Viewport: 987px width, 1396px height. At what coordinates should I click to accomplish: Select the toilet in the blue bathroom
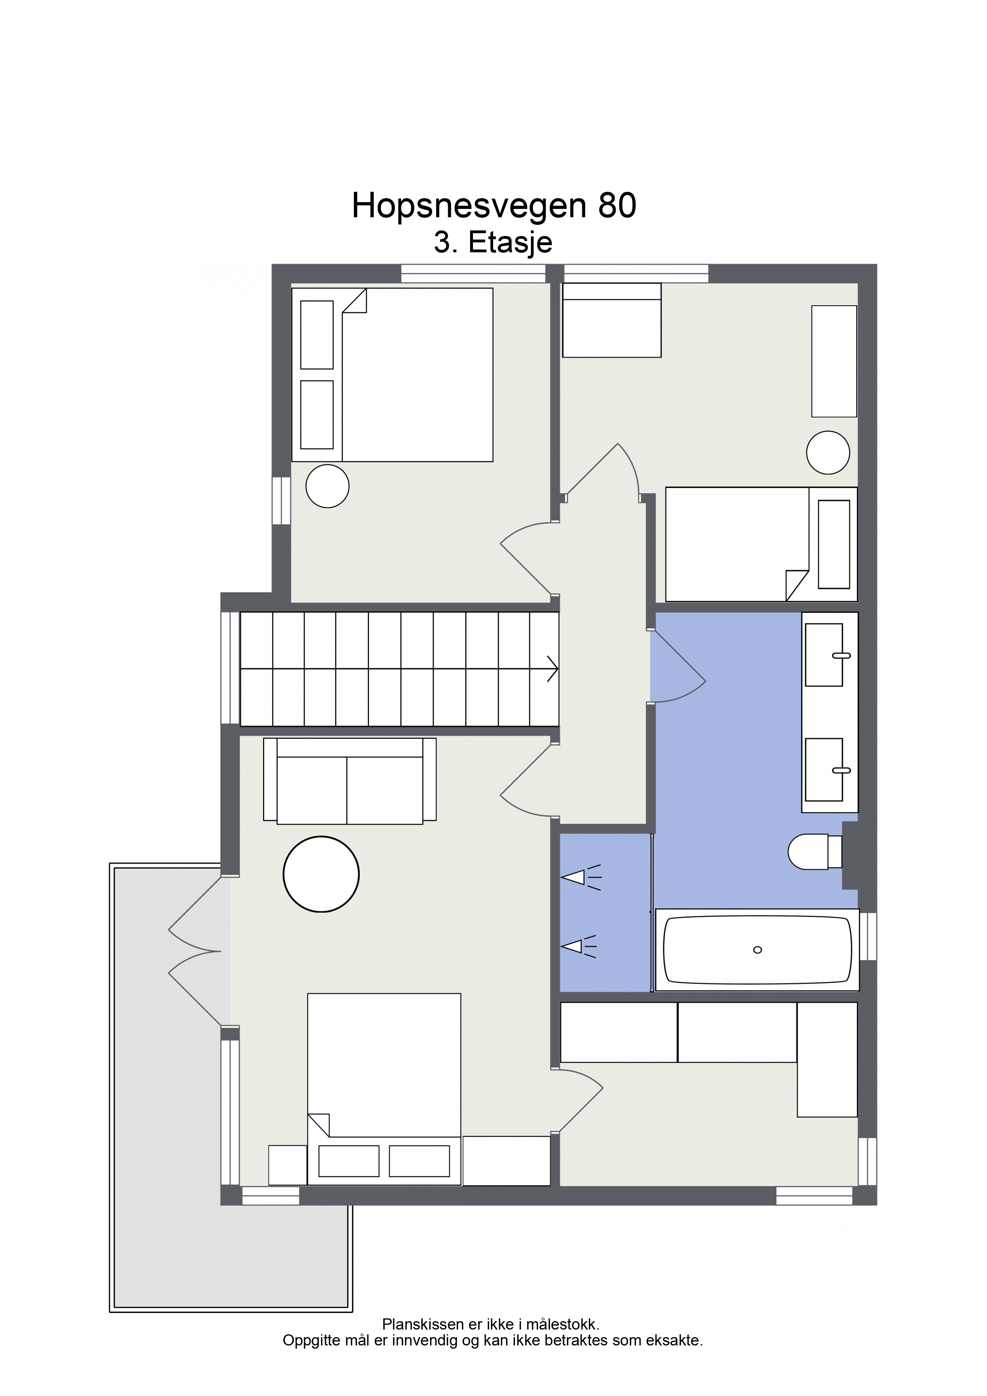pyautogui.click(x=815, y=851)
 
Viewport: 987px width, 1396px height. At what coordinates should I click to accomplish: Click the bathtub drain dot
pyautogui.click(x=757, y=950)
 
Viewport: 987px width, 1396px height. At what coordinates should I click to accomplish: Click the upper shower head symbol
pyautogui.click(x=581, y=877)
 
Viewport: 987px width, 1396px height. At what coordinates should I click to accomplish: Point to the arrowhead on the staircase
pyautogui.click(x=553, y=669)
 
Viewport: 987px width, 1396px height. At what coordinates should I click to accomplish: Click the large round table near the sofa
pyautogui.click(x=321, y=874)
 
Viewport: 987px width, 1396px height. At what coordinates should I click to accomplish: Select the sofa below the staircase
pyautogui.click(x=350, y=781)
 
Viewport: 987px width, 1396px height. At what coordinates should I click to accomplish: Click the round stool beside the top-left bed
pyautogui.click(x=327, y=486)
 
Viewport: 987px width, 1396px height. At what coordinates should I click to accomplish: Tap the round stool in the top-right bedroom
pyautogui.click(x=828, y=452)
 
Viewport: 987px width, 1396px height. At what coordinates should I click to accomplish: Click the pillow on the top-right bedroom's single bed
pyautogui.click(x=834, y=544)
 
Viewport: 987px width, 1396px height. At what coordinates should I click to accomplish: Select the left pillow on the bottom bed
pyautogui.click(x=349, y=1161)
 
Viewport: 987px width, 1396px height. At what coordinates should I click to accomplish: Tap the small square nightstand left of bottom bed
pyautogui.click(x=288, y=1165)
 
